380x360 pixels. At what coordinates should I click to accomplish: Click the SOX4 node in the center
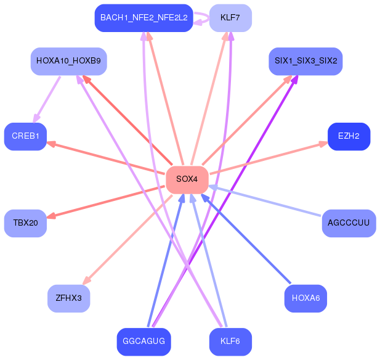187,179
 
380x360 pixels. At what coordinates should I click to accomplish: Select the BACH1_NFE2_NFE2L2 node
144,18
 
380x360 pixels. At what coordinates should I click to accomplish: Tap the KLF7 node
230,18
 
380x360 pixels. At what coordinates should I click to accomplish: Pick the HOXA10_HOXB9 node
68,61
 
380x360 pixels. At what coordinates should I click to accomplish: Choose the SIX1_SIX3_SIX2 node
305,61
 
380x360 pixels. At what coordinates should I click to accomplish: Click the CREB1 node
25,136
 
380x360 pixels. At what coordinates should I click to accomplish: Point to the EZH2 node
349,136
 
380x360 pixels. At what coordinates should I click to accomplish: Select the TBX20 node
25,223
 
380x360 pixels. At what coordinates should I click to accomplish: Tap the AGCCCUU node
349,223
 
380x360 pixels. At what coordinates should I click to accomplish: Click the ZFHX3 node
68,298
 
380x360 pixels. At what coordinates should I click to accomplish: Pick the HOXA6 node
305,298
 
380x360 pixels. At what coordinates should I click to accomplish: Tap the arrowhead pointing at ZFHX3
87,281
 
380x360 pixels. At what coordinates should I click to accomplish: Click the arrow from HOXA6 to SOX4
246,241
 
